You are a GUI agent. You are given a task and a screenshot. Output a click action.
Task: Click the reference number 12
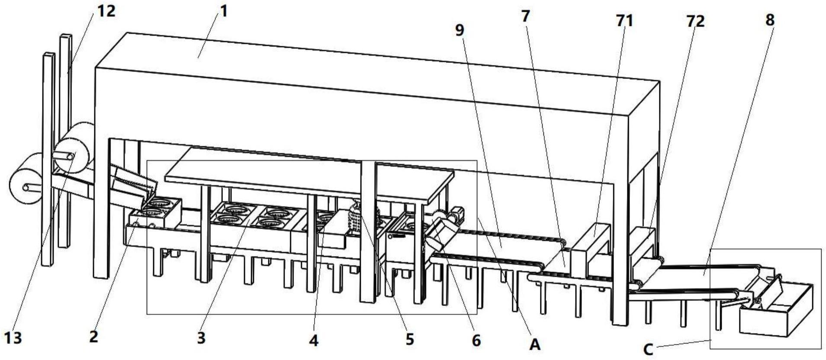pyautogui.click(x=106, y=11)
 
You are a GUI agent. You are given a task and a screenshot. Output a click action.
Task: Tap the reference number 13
pyautogui.click(x=13, y=337)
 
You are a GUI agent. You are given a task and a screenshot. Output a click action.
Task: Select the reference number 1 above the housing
pyautogui.click(x=223, y=11)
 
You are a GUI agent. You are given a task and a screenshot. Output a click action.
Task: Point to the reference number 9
pyautogui.click(x=460, y=29)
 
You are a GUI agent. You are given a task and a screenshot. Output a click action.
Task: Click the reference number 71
pyautogui.click(x=624, y=20)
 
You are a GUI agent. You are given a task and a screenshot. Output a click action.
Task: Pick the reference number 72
pyautogui.click(x=695, y=21)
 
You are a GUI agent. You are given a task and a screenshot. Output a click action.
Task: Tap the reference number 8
pyautogui.click(x=770, y=20)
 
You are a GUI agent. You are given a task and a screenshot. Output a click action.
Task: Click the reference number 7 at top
pyautogui.click(x=525, y=16)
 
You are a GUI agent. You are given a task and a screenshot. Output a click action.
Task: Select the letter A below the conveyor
pyautogui.click(x=535, y=344)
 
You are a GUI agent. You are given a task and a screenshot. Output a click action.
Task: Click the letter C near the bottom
pyautogui.click(x=648, y=349)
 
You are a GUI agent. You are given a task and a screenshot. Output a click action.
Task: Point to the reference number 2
pyautogui.click(x=93, y=336)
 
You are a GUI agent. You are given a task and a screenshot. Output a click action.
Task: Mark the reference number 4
pyautogui.click(x=314, y=341)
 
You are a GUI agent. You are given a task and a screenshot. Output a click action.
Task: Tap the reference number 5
pyautogui.click(x=409, y=339)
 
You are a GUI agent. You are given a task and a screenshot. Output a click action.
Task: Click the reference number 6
pyautogui.click(x=476, y=341)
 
